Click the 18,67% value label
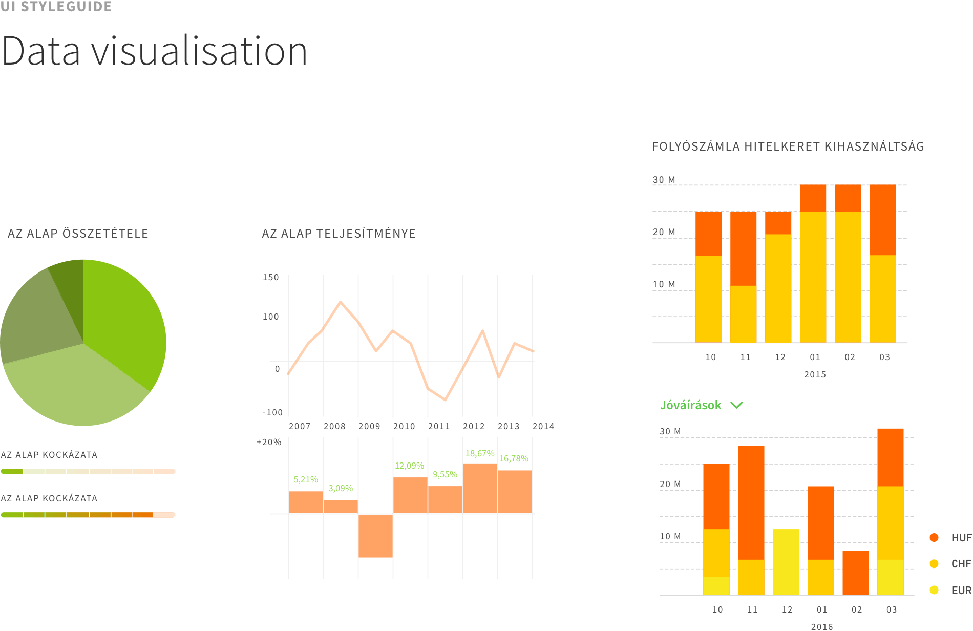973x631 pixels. click(x=479, y=453)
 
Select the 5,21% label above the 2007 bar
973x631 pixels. click(x=306, y=479)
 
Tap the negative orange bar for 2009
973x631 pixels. click(x=375, y=536)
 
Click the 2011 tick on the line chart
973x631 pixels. click(x=439, y=426)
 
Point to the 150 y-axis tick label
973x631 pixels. click(x=270, y=277)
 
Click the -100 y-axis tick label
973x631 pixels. click(x=272, y=412)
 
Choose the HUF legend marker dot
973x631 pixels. click(x=934, y=537)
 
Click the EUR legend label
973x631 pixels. click(x=961, y=590)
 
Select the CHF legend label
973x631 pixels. click(x=961, y=563)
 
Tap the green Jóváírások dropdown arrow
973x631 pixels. click(x=736, y=405)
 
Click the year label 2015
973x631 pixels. click(x=815, y=374)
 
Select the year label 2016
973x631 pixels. click(x=822, y=626)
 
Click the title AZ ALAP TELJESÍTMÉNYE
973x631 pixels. click(x=339, y=234)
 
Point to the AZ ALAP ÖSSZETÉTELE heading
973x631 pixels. click(x=78, y=234)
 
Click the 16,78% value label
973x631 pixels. click(x=514, y=458)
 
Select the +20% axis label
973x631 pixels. click(x=269, y=442)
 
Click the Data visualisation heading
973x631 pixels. click(x=154, y=51)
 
